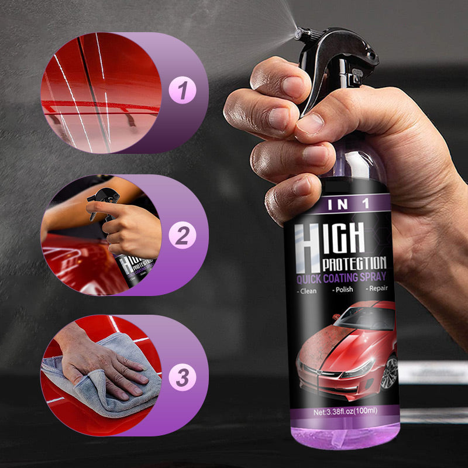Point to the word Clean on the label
(308, 290)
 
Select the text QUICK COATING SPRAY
(341, 277)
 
